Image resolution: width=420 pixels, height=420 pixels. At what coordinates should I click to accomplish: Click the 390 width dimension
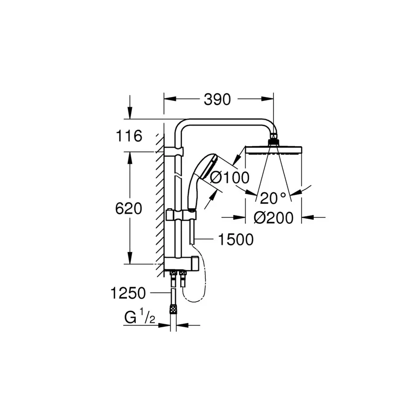click(x=218, y=99)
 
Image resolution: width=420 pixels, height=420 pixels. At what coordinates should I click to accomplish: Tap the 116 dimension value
click(x=128, y=136)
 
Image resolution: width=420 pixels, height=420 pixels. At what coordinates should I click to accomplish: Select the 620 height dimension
click(x=128, y=209)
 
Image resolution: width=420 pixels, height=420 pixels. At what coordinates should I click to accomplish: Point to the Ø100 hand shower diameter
click(x=230, y=177)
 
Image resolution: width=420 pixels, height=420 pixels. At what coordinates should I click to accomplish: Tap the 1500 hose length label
click(x=236, y=239)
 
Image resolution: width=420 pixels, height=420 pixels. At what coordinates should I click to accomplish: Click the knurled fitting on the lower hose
click(x=173, y=309)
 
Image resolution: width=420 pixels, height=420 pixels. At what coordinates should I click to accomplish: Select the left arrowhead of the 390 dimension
click(x=168, y=99)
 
